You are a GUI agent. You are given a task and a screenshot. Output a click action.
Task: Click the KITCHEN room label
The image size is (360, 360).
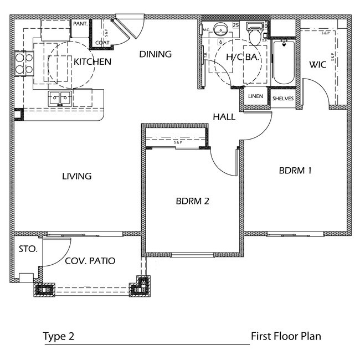pyautogui.click(x=92, y=62)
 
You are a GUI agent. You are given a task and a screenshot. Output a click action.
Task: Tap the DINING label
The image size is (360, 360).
pyautogui.click(x=155, y=54)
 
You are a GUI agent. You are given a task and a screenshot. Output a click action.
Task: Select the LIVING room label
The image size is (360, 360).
pyautogui.click(x=76, y=176)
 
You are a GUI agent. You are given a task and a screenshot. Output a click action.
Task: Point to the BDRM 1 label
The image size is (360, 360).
pyautogui.click(x=295, y=171)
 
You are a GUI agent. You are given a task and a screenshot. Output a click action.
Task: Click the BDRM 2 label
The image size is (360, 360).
pyautogui.click(x=192, y=201)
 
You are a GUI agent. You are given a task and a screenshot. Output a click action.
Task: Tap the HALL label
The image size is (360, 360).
pyautogui.click(x=224, y=117)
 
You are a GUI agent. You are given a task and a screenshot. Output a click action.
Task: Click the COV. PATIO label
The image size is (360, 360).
pyautogui.click(x=90, y=261)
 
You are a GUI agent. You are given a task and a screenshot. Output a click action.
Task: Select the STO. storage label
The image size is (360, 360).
pyautogui.click(x=28, y=249)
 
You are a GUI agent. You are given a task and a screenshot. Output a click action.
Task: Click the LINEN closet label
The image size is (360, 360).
pyautogui.click(x=255, y=96)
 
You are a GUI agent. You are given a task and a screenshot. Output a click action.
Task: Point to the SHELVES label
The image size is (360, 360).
pyautogui.click(x=283, y=99)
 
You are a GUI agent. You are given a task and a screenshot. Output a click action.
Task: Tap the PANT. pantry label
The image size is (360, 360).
pyautogui.click(x=80, y=25)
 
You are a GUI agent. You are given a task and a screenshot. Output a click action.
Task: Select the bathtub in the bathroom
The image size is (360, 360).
pyautogui.click(x=284, y=64)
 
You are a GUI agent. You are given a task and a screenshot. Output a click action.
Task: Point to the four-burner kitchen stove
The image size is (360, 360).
pyautogui.click(x=23, y=63)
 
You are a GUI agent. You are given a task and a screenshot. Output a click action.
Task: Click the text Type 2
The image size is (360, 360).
pyautogui.click(x=58, y=336)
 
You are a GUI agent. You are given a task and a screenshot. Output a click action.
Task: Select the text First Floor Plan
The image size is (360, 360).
pyautogui.click(x=286, y=336)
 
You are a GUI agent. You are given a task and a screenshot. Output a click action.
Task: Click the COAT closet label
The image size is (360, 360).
pyautogui.click(x=101, y=42)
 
